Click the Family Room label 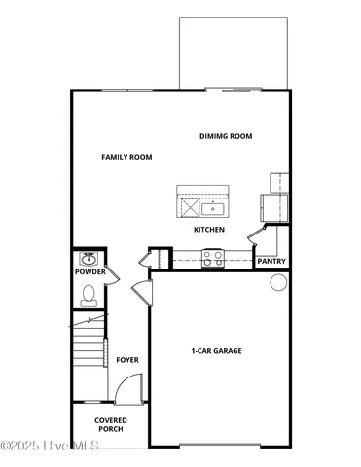(x=126, y=157)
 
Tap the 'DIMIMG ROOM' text (x=226, y=136)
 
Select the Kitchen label (x=209, y=230)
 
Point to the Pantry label (x=271, y=262)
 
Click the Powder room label (x=90, y=272)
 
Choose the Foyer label (x=127, y=360)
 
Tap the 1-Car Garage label (x=216, y=351)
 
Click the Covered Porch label (x=109, y=424)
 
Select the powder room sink (x=89, y=259)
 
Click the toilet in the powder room (x=89, y=293)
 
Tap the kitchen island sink (x=213, y=208)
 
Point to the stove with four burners (x=212, y=257)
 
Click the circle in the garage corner (x=277, y=283)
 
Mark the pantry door (x=257, y=236)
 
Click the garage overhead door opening (x=220, y=445)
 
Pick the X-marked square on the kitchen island (x=185, y=207)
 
